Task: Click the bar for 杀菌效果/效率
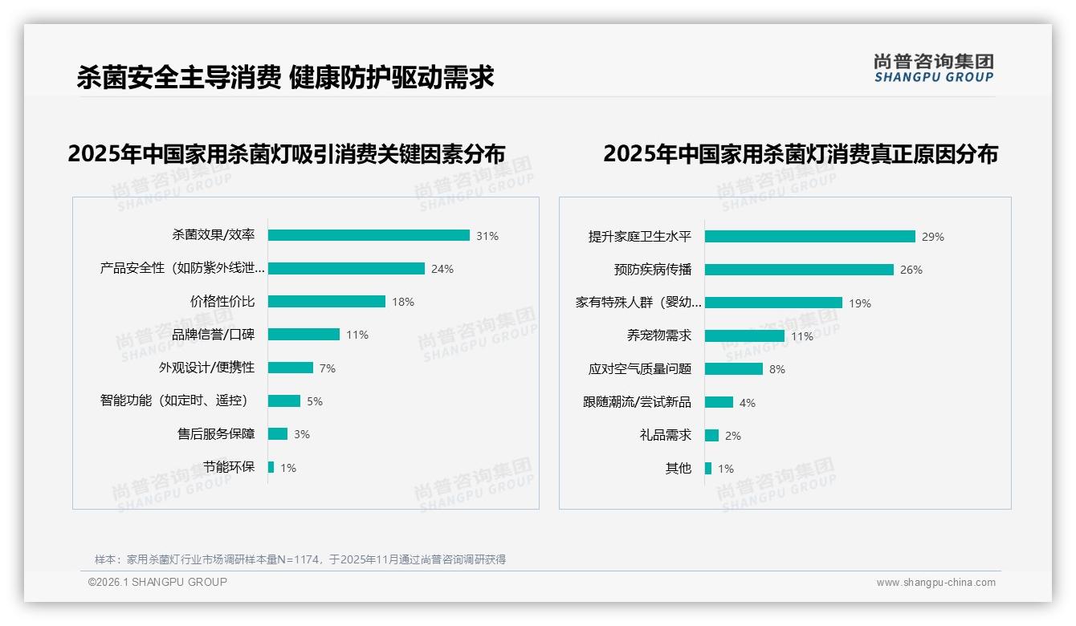point(369,235)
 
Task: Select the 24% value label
point(442,269)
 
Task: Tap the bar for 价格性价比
point(326,302)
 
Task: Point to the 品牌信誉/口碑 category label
point(213,335)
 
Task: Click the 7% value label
point(327,368)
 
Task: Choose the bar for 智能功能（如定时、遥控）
point(283,401)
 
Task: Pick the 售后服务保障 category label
point(216,434)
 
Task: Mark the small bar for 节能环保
point(271,467)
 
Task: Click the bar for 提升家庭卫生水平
point(809,237)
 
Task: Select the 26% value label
point(911,270)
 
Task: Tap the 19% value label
point(859,303)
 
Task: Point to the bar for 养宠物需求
point(744,336)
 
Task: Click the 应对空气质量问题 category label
point(639,369)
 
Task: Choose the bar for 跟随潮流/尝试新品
point(719,402)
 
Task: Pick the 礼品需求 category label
point(665,435)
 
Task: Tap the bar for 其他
point(707,469)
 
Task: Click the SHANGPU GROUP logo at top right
point(933,68)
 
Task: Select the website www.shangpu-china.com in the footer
point(935,583)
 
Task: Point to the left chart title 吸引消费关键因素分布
point(287,153)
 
